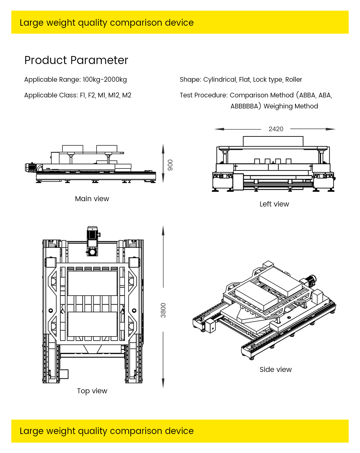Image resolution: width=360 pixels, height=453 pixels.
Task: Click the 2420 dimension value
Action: tap(276, 129)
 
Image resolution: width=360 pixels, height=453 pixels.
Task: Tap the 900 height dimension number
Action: tap(170, 165)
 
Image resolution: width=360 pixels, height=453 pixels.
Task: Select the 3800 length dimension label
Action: tap(163, 310)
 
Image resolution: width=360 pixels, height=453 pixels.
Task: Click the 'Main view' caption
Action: tap(92, 199)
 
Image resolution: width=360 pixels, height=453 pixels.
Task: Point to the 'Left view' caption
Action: tap(274, 204)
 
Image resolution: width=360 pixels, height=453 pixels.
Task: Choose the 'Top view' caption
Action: tap(92, 391)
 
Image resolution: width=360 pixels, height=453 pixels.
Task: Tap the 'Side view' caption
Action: tap(276, 370)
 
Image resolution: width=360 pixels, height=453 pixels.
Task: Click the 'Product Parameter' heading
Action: tap(76, 60)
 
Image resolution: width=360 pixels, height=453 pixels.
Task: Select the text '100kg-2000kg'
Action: tap(105, 80)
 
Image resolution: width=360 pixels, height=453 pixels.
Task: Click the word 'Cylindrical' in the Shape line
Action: tap(220, 80)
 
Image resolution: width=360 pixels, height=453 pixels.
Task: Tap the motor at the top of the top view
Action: tap(92, 234)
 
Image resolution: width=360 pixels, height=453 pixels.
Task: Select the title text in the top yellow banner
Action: tap(107, 23)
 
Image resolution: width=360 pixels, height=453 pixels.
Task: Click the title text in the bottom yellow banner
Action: tap(107, 431)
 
